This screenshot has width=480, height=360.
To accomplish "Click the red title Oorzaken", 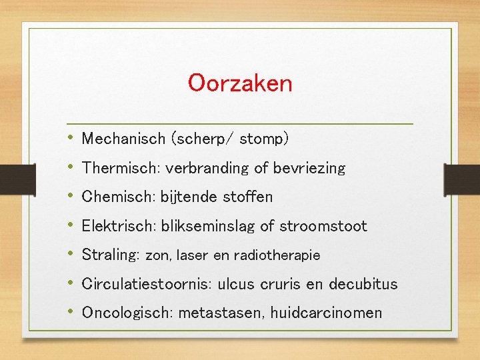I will [x=240, y=84].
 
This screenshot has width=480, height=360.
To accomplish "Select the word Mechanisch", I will [x=123, y=139].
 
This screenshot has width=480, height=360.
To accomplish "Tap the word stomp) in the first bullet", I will [x=264, y=139].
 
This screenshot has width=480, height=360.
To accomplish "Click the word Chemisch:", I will [x=119, y=197].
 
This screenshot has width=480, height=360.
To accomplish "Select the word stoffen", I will [x=249, y=197].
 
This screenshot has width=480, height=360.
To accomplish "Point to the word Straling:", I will [x=111, y=255].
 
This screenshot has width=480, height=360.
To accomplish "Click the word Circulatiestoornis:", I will [x=145, y=284].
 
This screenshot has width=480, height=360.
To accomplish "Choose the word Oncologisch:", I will [x=127, y=313].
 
